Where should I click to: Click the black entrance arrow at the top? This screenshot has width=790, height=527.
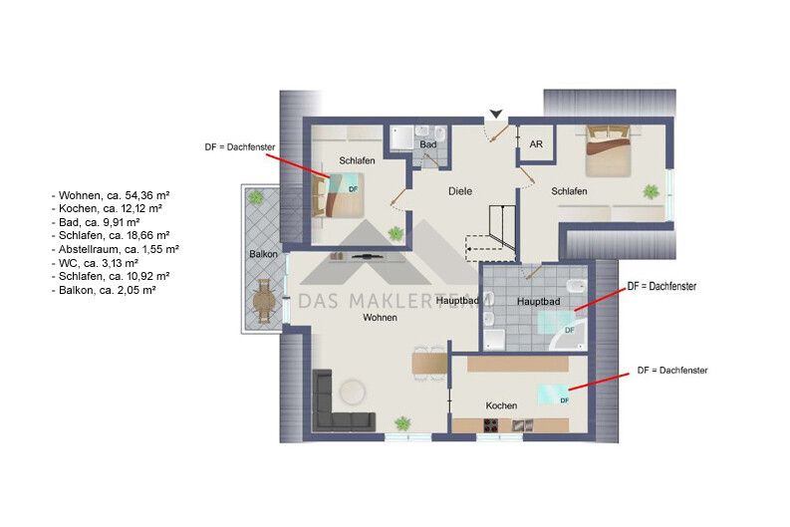tap(496, 115)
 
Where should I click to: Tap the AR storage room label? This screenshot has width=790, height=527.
tap(536, 144)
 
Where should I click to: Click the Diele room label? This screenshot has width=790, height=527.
tap(460, 191)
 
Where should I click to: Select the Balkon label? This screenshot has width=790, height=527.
tap(263, 254)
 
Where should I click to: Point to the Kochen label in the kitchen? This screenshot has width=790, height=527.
tap(501, 405)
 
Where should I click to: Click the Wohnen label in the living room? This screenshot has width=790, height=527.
tap(380, 318)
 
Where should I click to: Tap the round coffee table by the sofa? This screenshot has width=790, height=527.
tap(353, 392)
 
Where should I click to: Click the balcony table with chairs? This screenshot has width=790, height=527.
tap(264, 301)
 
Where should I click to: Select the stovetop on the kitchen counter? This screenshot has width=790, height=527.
tap(492, 425)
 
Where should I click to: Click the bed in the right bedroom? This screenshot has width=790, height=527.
tap(609, 151)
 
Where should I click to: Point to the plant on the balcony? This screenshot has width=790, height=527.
tap(256, 196)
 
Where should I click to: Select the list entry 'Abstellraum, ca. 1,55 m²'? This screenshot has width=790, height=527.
tap(116, 249)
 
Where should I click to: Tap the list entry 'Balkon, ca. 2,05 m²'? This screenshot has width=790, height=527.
tap(104, 290)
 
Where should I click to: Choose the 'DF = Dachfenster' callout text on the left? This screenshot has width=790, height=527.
tap(240, 147)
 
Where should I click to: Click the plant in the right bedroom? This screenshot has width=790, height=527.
tap(651, 191)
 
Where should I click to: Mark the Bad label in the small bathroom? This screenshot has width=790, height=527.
tap(428, 144)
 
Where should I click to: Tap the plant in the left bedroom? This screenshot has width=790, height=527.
tap(395, 233)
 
